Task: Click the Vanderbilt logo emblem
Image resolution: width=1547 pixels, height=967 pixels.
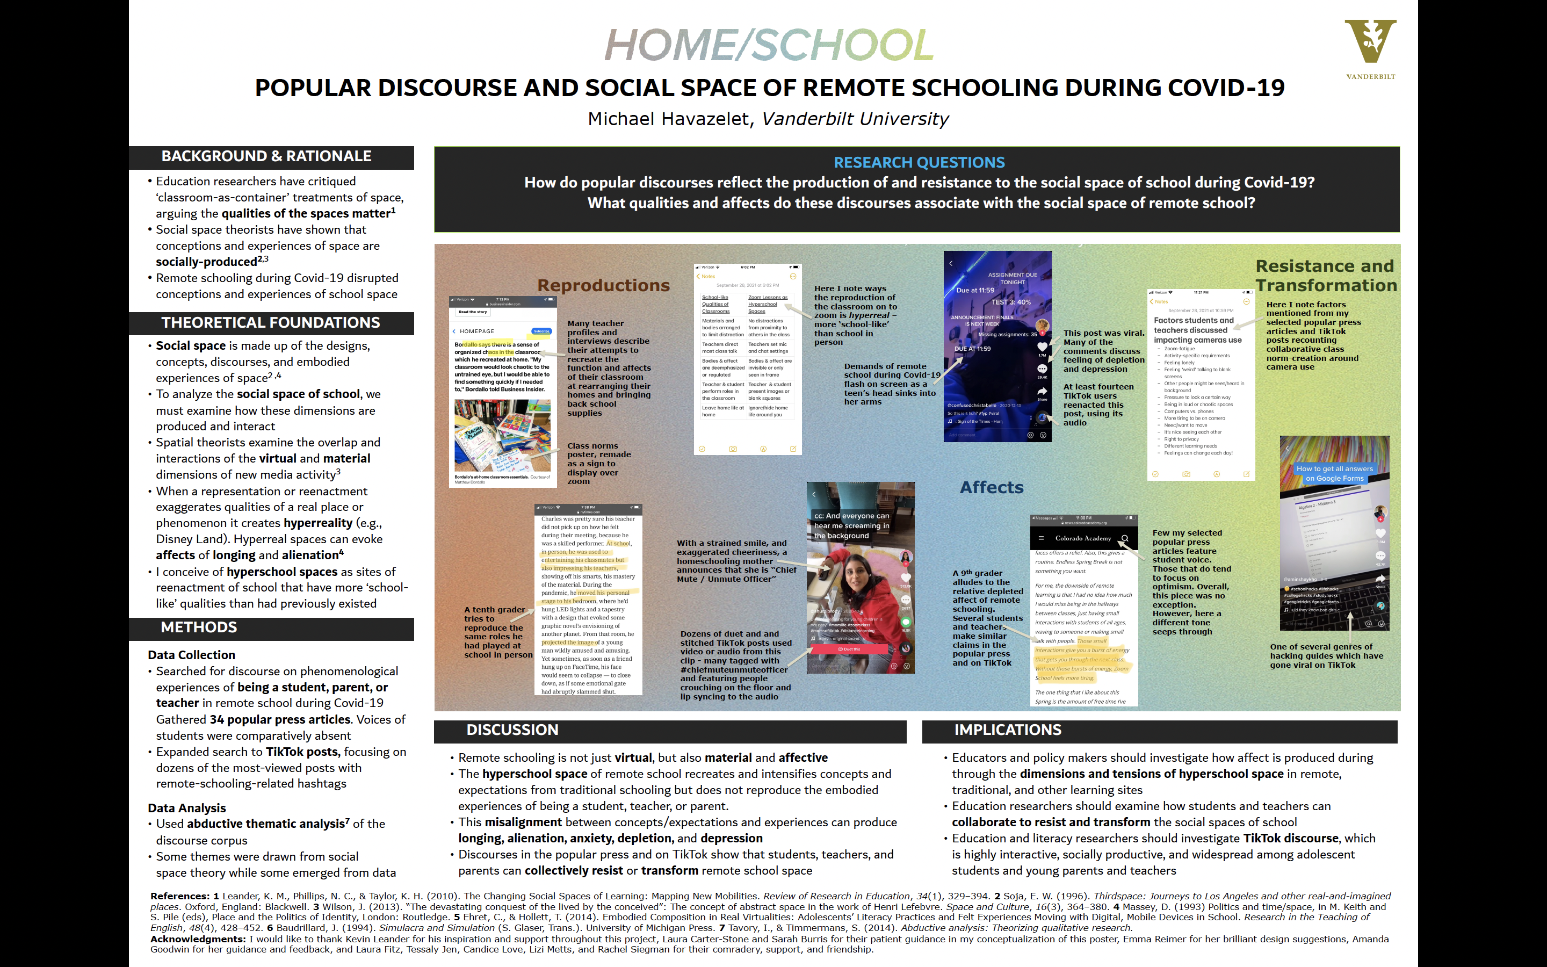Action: pyautogui.click(x=1370, y=41)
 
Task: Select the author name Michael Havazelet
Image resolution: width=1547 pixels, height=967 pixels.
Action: pyautogui.click(x=669, y=119)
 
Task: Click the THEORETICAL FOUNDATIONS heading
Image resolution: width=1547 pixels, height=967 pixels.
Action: pyautogui.click(x=270, y=323)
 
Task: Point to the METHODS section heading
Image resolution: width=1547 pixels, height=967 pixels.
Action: pyautogui.click(x=199, y=627)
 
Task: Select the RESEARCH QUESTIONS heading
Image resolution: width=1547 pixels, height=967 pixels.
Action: pyautogui.click(x=919, y=162)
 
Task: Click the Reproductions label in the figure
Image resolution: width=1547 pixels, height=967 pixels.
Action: pyautogui.click(x=603, y=285)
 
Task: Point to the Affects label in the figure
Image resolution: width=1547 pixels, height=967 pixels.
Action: pyautogui.click(x=991, y=487)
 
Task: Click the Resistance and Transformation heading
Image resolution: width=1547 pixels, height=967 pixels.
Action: pyautogui.click(x=1325, y=276)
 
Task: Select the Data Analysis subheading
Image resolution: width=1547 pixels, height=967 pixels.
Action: pyautogui.click(x=187, y=808)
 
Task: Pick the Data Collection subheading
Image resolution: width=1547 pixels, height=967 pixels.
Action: pyautogui.click(x=191, y=655)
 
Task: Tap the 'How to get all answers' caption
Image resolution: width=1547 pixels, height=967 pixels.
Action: pyautogui.click(x=1334, y=473)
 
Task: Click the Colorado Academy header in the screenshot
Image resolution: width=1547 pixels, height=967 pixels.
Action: pyautogui.click(x=1083, y=538)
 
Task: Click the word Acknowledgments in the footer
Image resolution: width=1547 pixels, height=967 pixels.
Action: pyautogui.click(x=198, y=939)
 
